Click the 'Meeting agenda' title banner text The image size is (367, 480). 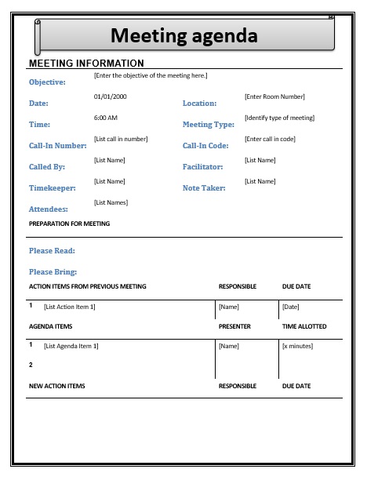pos(183,35)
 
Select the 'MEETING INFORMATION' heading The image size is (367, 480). pos(86,63)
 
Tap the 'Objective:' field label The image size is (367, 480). pos(47,82)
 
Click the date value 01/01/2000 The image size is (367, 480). pos(110,96)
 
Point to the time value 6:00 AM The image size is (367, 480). pos(105,118)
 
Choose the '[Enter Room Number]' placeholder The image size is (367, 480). pos(274,96)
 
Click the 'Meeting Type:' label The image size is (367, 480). pos(209,125)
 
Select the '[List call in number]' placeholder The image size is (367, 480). pos(121,139)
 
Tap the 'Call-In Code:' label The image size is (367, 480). pos(205,146)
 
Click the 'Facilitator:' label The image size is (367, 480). pos(203,167)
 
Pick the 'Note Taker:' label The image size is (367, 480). pos(204,188)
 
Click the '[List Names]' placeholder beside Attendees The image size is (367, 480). pos(111,202)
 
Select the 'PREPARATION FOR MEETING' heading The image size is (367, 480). pos(69,224)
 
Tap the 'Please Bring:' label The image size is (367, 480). pos(53,272)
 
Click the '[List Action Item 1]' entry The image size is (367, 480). pos(69,307)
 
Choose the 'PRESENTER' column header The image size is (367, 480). pos(234,326)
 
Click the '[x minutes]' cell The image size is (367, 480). pos(298,346)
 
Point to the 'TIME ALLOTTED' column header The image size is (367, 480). pos(304,326)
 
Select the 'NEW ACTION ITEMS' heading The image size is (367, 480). pos(56,386)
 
